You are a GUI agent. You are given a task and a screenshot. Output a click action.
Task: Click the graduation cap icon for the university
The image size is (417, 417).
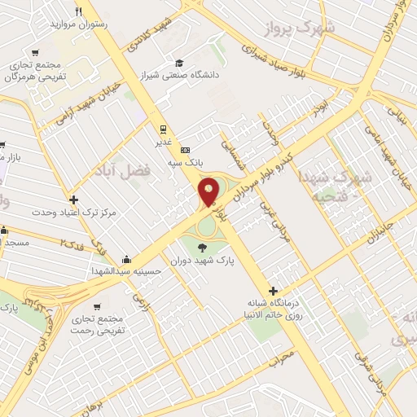[179, 64]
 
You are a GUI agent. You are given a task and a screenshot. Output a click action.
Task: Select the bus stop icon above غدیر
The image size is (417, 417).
[163, 128]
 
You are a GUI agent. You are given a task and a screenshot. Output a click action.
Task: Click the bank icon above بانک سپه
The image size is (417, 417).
[185, 150]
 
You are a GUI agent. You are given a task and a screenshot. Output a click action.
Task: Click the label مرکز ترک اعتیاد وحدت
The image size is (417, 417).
[74, 212]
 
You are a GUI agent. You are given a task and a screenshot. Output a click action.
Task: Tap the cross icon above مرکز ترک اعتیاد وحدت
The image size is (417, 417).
[74, 199]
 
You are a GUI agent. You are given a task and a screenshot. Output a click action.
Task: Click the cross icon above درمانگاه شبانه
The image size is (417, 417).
[274, 291]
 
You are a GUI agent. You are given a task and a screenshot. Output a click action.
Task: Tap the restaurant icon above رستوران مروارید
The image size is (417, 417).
[78, 11]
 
